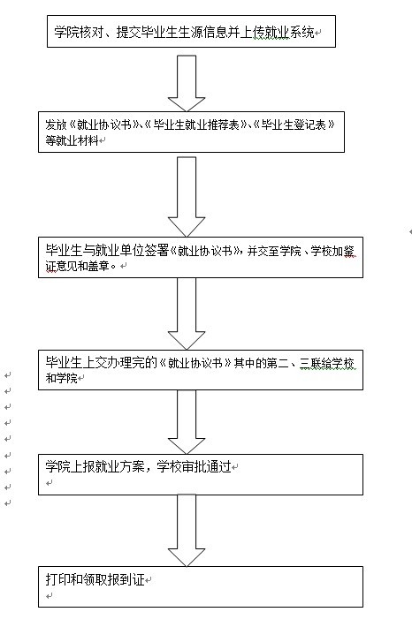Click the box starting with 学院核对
click(x=191, y=32)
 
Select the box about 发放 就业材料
click(x=191, y=132)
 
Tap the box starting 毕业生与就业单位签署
click(x=201, y=257)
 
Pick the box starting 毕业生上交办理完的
click(x=201, y=369)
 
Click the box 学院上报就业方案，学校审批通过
click(x=201, y=474)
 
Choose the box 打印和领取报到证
click(x=201, y=586)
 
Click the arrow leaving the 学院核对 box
click(x=187, y=83)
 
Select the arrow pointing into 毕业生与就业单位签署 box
click(x=187, y=196)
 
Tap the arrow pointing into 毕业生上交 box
click(x=187, y=313)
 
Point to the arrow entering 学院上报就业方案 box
click(x=187, y=422)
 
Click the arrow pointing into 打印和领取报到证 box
click(x=187, y=530)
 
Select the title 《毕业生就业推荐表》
click(x=192, y=125)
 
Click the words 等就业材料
click(x=72, y=140)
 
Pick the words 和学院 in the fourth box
click(x=61, y=378)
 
